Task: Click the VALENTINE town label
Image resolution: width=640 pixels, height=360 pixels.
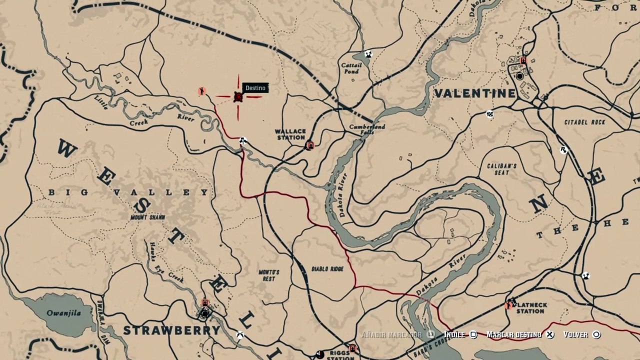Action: [474, 93]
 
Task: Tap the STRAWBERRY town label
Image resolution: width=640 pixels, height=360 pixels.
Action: [171, 330]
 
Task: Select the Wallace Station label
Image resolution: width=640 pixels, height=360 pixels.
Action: [290, 134]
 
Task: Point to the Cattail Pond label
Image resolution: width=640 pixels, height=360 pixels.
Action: [350, 68]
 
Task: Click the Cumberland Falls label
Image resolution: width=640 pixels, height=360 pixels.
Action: [367, 129]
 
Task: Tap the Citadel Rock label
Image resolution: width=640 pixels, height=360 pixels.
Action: [584, 122]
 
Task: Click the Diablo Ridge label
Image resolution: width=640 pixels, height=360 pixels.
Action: [327, 269]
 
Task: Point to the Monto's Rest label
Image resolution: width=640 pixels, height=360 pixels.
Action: [269, 275]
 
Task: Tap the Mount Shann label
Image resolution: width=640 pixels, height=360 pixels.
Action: [147, 217]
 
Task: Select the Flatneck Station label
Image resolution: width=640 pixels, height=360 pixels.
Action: [530, 308]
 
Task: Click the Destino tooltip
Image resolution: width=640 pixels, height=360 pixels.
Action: [255, 88]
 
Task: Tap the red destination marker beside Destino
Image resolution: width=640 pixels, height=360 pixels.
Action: [238, 97]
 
